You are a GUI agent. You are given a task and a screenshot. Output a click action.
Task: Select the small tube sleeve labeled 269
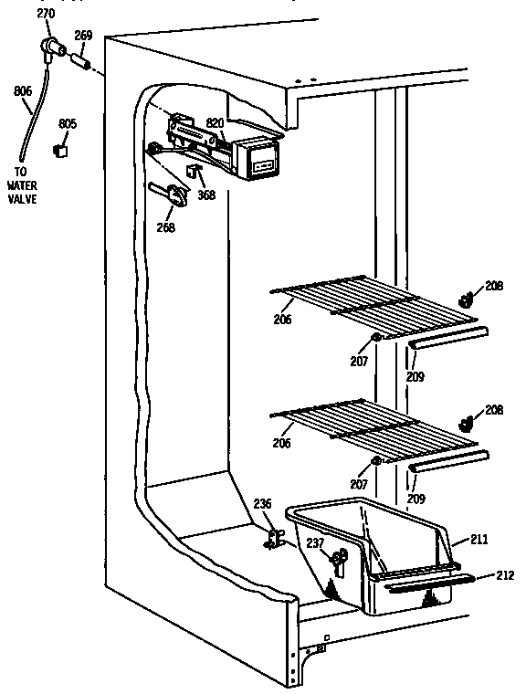tap(80, 65)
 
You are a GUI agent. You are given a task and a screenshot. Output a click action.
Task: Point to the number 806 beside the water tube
tap(23, 90)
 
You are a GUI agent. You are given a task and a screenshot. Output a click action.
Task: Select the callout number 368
tap(207, 195)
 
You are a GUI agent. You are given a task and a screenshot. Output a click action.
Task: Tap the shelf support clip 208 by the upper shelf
tap(466, 298)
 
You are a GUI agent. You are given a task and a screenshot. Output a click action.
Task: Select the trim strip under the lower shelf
tap(444, 465)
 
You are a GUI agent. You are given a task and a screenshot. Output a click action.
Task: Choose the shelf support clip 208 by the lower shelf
tap(466, 423)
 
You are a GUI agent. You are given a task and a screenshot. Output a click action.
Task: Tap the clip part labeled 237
tap(338, 558)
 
